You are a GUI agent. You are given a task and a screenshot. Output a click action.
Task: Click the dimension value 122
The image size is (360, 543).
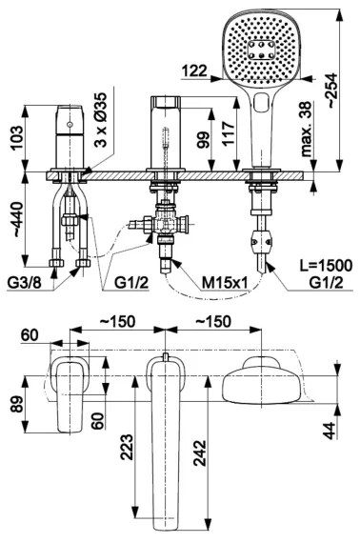194,70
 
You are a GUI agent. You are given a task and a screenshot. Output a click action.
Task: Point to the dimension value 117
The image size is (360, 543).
229,131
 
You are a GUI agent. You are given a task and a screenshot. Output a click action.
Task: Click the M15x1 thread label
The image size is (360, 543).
225,284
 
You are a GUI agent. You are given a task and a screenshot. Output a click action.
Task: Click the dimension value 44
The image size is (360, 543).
329,431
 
